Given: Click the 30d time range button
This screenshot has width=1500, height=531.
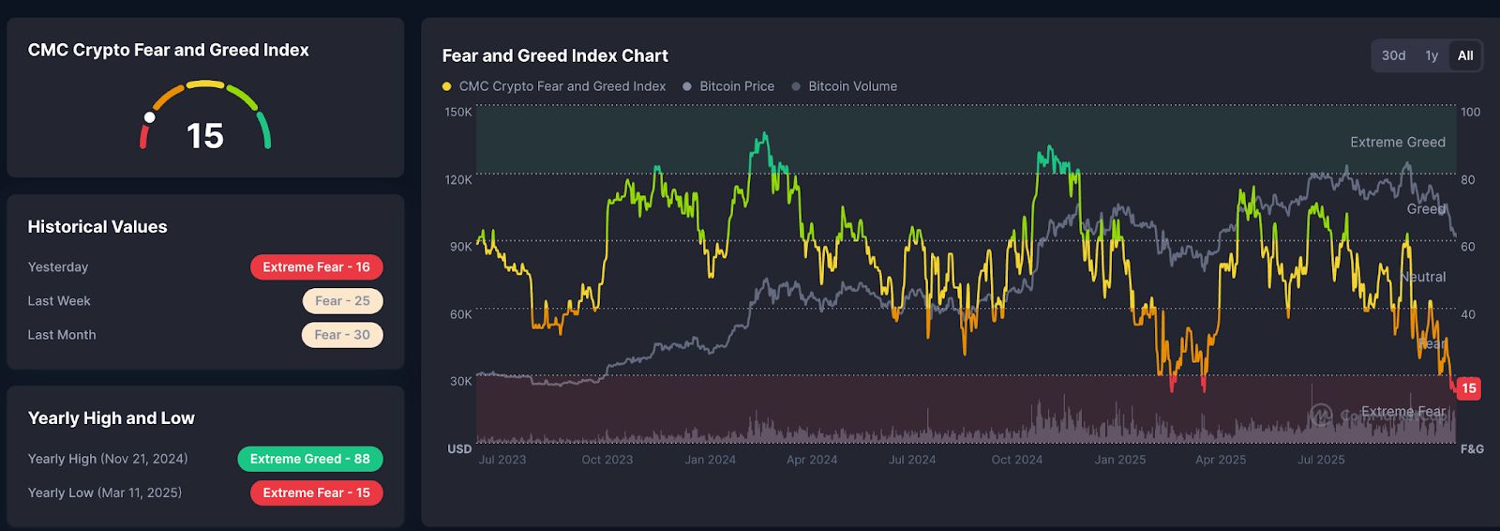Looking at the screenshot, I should pyautogui.click(x=1393, y=56).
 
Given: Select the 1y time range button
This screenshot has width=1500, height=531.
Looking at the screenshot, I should pyautogui.click(x=1432, y=56).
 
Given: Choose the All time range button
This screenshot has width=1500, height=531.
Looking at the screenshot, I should pyautogui.click(x=1464, y=56).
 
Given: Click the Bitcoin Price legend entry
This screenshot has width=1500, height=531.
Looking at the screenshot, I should pyautogui.click(x=736, y=86).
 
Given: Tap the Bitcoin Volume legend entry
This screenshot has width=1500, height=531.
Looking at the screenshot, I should pyautogui.click(x=851, y=86).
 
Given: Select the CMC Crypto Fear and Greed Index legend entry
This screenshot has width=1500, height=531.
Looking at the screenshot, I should pyautogui.click(x=562, y=86).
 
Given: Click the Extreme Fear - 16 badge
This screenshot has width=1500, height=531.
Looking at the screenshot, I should pyautogui.click(x=316, y=267).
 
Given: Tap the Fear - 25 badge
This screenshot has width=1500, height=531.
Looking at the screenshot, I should pyautogui.click(x=342, y=301).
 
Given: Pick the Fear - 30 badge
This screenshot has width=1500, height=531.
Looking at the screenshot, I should pyautogui.click(x=342, y=335).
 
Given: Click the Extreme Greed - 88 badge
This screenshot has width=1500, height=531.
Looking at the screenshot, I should pyautogui.click(x=309, y=459).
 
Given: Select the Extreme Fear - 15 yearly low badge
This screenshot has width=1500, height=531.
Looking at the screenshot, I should pyautogui.click(x=316, y=493).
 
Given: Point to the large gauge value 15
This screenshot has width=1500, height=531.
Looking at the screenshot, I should pyautogui.click(x=205, y=137).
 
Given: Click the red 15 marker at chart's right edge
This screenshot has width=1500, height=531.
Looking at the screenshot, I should pyautogui.click(x=1468, y=388).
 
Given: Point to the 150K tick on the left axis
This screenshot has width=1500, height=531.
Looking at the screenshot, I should pyautogui.click(x=458, y=113).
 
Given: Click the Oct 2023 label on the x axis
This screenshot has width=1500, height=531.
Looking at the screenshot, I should pyautogui.click(x=607, y=460).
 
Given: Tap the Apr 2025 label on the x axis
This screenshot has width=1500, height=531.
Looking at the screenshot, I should pyautogui.click(x=1220, y=460).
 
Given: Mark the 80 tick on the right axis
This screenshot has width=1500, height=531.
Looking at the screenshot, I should pyautogui.click(x=1467, y=180).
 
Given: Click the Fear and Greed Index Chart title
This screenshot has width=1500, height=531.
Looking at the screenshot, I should pyautogui.click(x=555, y=56).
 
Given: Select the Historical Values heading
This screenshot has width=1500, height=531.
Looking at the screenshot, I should pyautogui.click(x=97, y=227).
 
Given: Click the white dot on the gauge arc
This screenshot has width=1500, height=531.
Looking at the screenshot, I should pyautogui.click(x=149, y=117).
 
